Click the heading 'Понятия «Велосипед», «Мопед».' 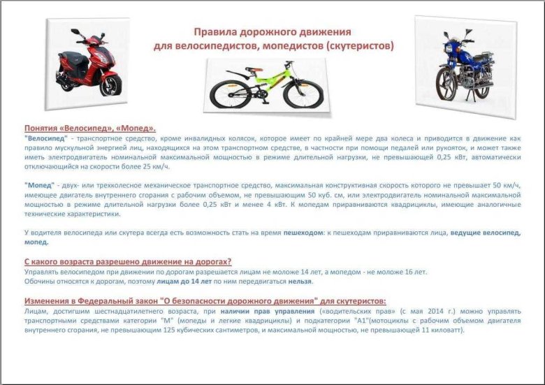click(x=90, y=129)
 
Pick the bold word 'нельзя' click(x=301, y=282)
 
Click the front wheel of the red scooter click(x=110, y=85)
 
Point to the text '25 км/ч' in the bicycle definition click(x=153, y=168)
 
